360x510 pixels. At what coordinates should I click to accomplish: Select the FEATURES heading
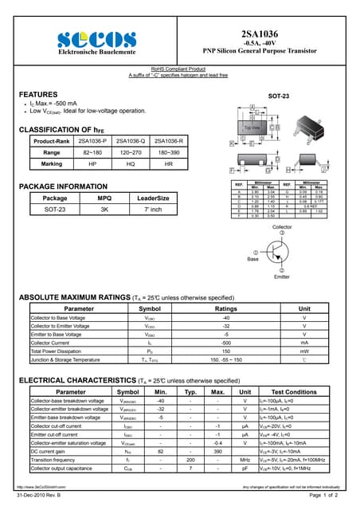tap(37, 93)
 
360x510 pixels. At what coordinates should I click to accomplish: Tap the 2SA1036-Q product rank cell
tap(131, 141)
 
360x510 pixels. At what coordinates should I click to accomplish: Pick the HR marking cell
tap(168, 163)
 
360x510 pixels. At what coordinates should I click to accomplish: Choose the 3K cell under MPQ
tap(104, 209)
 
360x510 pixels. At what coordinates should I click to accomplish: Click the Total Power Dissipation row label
tap(60, 351)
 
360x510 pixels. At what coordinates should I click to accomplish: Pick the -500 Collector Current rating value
tap(226, 343)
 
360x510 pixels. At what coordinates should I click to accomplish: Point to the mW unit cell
tap(304, 351)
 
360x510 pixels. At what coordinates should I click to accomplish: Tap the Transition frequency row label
tap(53, 460)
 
